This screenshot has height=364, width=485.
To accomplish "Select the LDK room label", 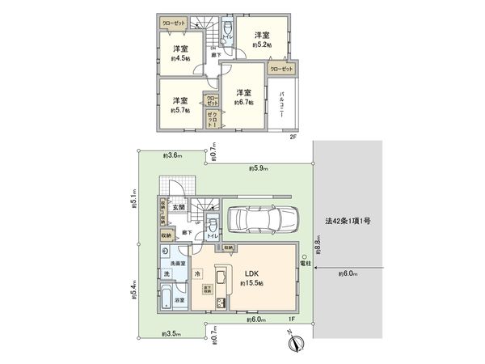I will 256,273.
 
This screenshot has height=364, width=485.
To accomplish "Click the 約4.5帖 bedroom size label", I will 180,59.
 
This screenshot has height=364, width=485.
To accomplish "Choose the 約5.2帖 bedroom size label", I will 262,46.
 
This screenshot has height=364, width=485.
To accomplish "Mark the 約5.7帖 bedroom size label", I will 180,110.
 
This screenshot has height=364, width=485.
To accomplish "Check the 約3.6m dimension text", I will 171,154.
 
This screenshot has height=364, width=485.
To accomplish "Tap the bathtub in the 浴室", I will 165,301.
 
